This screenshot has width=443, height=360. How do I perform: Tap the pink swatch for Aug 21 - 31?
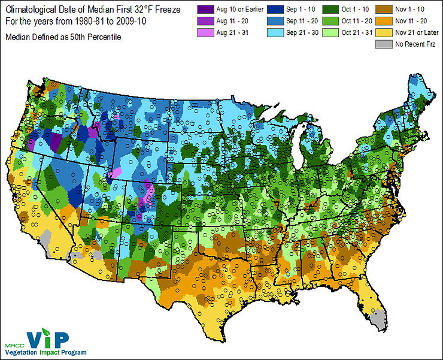click(x=207, y=32)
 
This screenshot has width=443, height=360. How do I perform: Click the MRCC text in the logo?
click(x=17, y=345)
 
